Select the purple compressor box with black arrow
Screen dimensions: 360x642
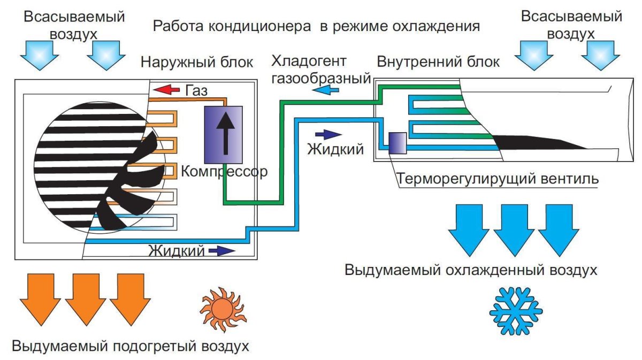tap(224, 133)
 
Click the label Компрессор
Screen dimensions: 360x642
tap(224, 172)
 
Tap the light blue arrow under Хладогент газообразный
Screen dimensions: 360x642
tap(326, 91)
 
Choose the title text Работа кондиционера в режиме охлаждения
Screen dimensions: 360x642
tap(316, 26)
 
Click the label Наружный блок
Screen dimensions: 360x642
tap(197, 62)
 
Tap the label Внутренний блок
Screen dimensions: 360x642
tap(438, 62)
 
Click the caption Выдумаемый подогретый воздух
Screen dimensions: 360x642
tap(131, 345)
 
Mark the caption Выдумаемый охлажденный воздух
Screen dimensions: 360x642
tap(471, 270)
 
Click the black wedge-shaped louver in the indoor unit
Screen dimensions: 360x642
tap(540, 142)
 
